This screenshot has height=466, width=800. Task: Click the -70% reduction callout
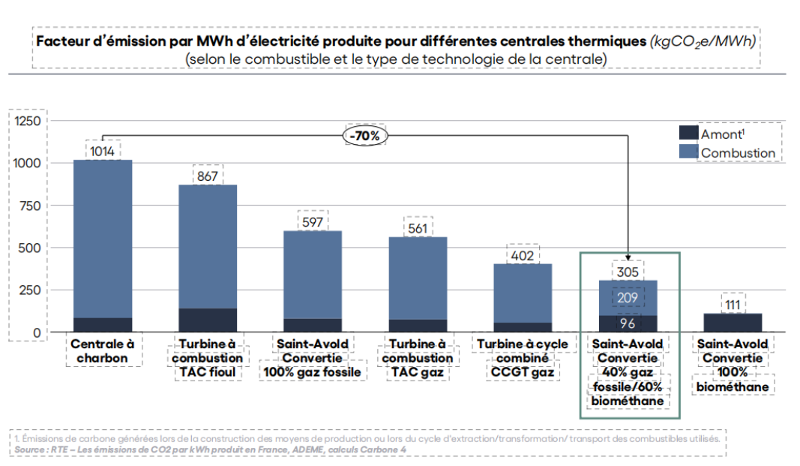tap(364, 136)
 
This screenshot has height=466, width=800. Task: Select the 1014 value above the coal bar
tap(102, 151)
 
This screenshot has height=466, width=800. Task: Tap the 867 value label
tap(207, 176)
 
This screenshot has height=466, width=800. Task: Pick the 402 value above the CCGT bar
tap(522, 255)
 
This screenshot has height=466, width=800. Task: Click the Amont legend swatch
tap(688, 133)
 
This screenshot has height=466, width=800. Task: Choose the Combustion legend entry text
tap(738, 153)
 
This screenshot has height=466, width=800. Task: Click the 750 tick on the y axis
tap(33, 205)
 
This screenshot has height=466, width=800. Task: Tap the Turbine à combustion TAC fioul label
tap(207, 357)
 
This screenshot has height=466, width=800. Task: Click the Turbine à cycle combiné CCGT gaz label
tap(522, 357)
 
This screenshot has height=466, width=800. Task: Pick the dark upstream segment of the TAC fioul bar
tap(207, 320)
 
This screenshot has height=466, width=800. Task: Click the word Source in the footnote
tap(30, 449)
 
